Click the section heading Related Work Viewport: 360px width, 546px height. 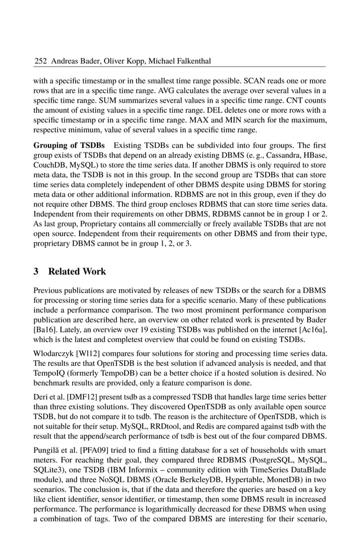tap(77, 271)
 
